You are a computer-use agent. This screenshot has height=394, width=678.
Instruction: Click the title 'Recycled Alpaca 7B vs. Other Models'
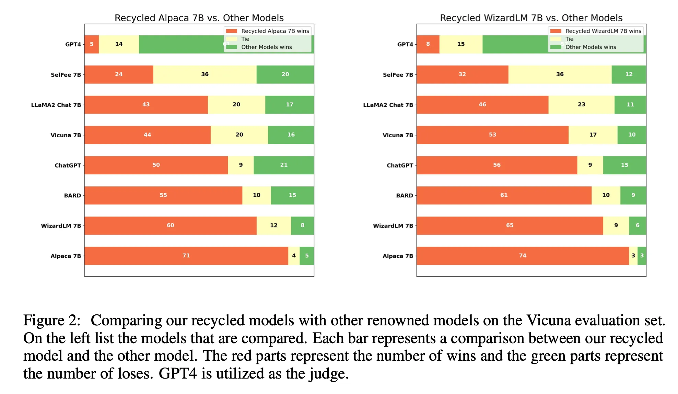coord(199,18)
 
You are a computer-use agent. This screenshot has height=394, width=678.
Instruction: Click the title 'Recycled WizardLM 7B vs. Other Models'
coord(531,18)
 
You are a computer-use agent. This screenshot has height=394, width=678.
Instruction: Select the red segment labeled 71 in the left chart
coord(186,256)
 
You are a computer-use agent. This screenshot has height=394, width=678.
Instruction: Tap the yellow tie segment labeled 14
coord(119,44)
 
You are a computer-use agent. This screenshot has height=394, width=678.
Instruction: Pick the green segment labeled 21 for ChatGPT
coord(284,165)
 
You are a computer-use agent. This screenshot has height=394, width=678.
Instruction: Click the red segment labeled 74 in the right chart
coord(522,256)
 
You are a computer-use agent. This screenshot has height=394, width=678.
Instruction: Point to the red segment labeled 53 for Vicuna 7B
coord(492,135)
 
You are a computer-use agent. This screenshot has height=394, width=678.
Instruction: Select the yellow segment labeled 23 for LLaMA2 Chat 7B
coord(581,105)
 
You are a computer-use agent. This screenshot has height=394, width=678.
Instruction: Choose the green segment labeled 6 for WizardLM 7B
coord(638,225)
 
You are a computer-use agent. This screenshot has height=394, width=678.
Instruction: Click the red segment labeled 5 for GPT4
coord(92,44)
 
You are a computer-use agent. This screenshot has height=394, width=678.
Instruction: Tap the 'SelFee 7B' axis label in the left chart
coord(66,75)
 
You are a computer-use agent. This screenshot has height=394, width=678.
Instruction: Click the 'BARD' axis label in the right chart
coord(405,196)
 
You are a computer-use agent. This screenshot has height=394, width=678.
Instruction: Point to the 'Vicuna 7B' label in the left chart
coord(66,135)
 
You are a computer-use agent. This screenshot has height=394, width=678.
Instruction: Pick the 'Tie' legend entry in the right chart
coord(569,39)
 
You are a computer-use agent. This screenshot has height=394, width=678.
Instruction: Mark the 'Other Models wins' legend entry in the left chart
coord(266,47)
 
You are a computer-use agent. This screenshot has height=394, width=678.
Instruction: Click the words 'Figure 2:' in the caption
coord(52,321)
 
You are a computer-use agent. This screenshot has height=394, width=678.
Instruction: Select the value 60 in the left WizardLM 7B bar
coord(171,225)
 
